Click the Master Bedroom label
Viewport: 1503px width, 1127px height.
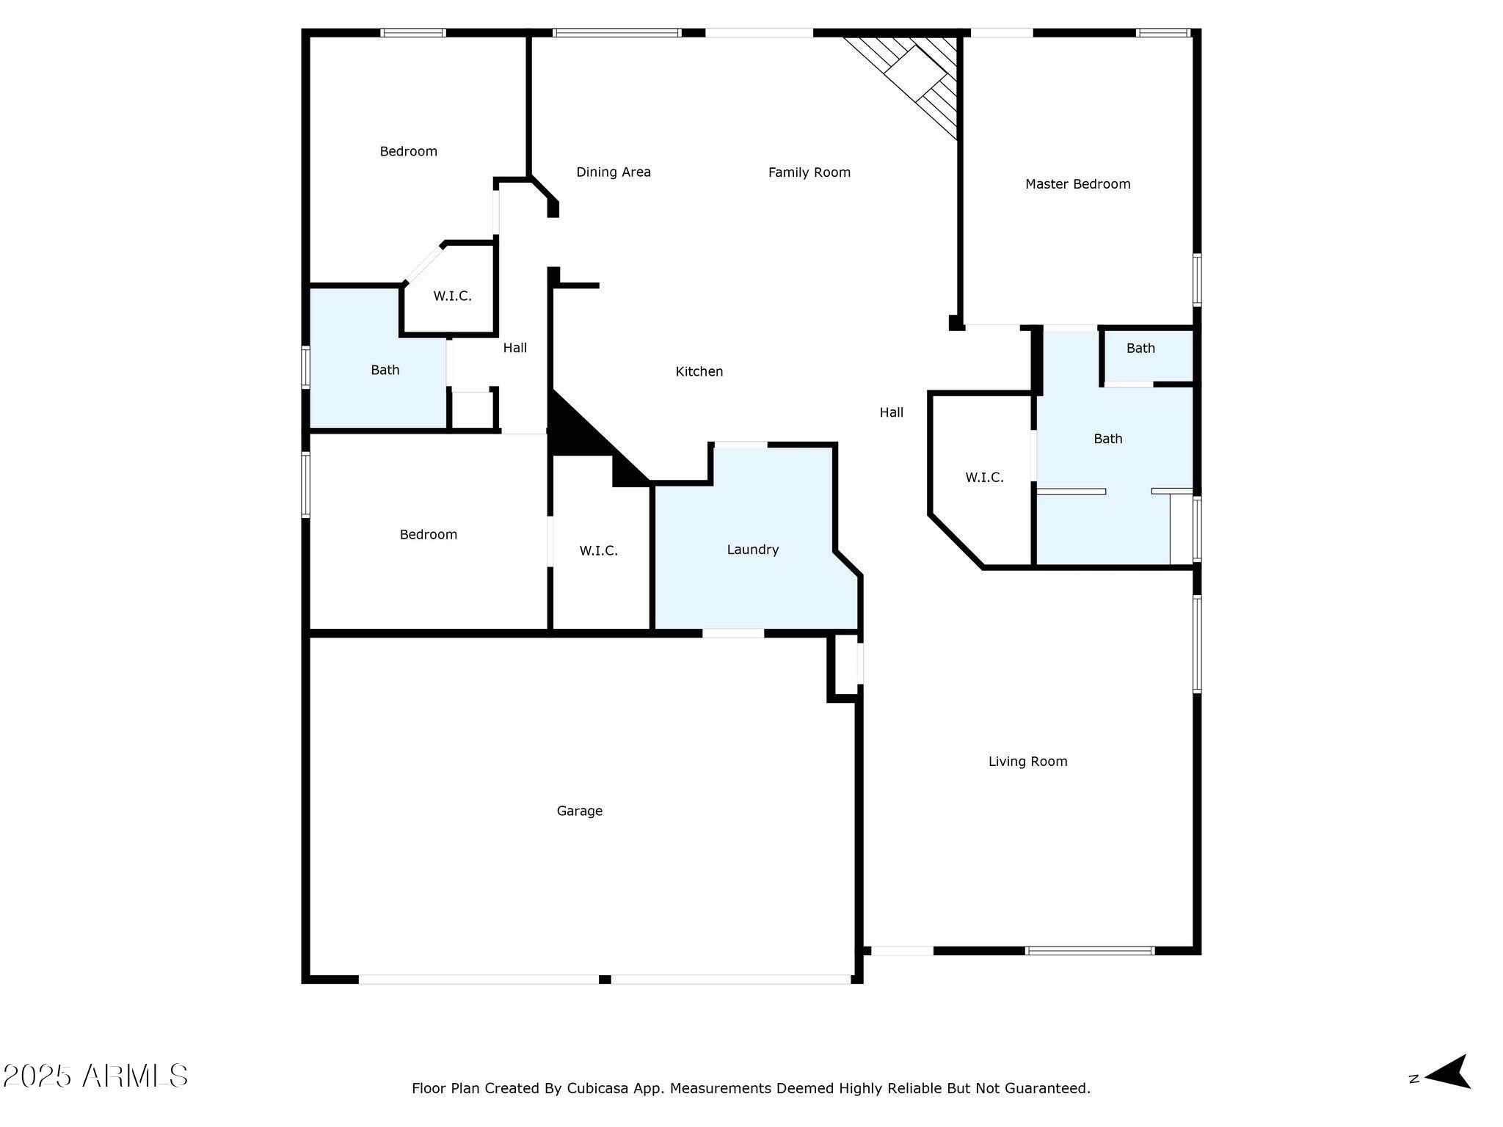click(1077, 184)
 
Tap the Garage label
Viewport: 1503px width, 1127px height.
click(580, 811)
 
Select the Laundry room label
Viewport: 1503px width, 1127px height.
click(753, 550)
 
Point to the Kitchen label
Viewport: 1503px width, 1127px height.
click(699, 372)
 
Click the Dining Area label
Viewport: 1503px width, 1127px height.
click(614, 172)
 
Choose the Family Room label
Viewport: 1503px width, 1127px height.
click(809, 172)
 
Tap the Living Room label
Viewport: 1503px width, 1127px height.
click(1027, 762)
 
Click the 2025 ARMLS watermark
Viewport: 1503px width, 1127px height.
click(95, 1076)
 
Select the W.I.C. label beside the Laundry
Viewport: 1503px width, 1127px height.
click(599, 550)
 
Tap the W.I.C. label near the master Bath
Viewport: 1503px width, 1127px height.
click(984, 478)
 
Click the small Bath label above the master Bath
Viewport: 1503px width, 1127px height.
click(1140, 349)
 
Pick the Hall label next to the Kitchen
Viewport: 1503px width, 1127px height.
click(892, 412)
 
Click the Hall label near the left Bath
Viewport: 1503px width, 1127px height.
click(515, 348)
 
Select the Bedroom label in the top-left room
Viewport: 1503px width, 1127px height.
click(408, 152)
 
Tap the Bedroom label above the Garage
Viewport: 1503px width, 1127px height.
click(429, 535)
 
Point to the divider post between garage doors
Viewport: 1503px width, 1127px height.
click(605, 979)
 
